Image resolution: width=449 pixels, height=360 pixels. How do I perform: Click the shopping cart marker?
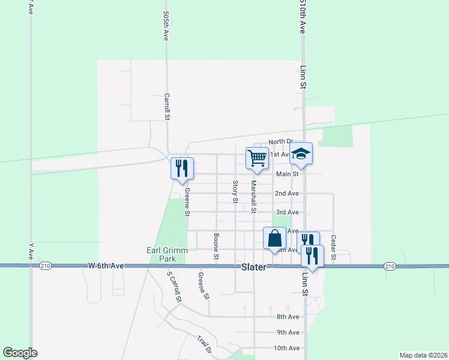[257, 158]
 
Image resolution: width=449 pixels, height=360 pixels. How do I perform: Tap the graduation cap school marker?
[301, 154]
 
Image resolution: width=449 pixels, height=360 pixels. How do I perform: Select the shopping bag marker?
[274, 238]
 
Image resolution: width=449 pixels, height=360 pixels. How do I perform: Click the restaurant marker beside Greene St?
[182, 169]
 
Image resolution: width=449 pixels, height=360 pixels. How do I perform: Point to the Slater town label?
[254, 268]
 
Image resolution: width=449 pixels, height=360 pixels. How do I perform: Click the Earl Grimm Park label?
[161, 254]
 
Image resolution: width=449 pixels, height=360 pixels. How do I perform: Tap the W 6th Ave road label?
[106, 265]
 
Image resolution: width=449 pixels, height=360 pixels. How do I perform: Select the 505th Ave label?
[166, 25]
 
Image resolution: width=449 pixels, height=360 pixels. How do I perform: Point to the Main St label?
[287, 175]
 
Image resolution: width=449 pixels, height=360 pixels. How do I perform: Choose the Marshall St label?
[254, 197]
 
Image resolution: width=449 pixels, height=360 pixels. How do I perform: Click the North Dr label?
[280, 142]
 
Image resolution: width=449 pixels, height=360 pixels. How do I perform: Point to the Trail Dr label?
[205, 344]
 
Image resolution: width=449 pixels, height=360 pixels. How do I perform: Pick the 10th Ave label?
[286, 348]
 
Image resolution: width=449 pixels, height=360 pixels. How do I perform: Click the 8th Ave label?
[288, 317]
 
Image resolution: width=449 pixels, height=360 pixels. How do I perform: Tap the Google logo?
[20, 353]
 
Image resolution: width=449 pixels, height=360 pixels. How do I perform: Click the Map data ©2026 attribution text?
[423, 355]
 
